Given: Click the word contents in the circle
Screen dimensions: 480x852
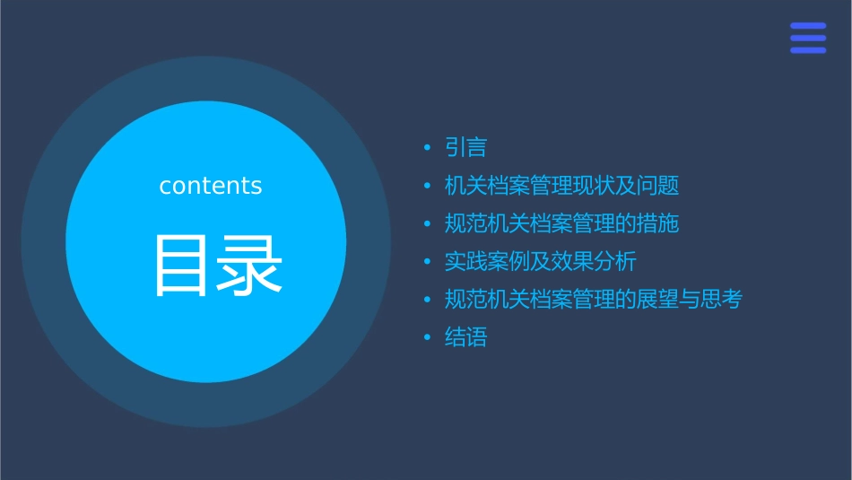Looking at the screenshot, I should coord(211,186).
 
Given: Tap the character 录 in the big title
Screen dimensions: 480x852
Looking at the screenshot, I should coord(248,265).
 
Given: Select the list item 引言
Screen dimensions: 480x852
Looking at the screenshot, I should coord(465,147).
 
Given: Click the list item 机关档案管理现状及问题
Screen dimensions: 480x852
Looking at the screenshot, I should coord(561,186).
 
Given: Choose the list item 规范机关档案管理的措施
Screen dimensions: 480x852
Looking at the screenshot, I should coord(561,223).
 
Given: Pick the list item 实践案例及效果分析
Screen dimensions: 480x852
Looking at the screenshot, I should coord(540,262).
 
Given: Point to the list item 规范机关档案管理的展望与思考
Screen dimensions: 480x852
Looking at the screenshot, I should coord(593,300).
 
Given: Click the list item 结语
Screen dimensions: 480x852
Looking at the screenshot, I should coord(465,338).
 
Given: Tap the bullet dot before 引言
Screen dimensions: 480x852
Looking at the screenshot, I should coord(428,148).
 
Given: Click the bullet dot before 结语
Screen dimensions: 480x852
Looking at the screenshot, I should coord(428,338).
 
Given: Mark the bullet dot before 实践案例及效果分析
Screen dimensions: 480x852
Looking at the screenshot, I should coord(428,262).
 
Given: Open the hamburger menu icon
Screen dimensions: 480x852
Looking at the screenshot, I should coord(808,38).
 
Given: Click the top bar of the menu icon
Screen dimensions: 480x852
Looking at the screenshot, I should coord(808,26).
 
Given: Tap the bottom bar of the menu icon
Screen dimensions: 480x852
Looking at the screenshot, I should coord(808,50).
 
